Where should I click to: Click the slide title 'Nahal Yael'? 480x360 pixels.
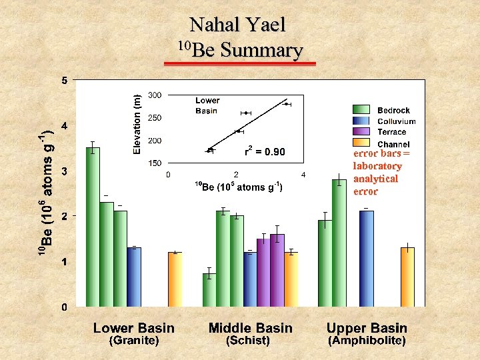[x=237, y=25]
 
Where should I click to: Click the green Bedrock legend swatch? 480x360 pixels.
[x=361, y=110]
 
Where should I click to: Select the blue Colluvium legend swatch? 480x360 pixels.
[x=361, y=121]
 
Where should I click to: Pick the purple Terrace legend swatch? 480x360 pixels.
[x=361, y=132]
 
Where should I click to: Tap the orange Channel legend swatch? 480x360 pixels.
[x=361, y=143]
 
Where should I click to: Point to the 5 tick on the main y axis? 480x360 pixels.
[x=64, y=81]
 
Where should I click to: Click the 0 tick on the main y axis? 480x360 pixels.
[x=64, y=307]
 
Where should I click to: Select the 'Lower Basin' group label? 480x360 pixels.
[x=134, y=327]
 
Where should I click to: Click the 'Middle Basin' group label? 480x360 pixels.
[x=250, y=327]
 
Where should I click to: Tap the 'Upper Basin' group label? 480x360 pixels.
[x=367, y=327]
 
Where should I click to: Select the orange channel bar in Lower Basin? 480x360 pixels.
[x=175, y=279]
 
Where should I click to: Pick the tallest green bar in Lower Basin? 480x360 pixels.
[x=93, y=227]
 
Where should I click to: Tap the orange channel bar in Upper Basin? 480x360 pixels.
[x=407, y=277]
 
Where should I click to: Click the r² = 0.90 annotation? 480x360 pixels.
[x=265, y=152]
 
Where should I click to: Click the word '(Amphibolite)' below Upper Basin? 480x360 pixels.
[x=367, y=341]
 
